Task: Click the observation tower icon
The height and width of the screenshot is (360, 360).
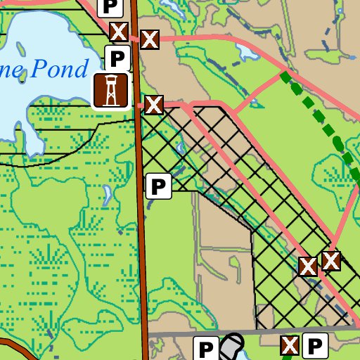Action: point(110,91)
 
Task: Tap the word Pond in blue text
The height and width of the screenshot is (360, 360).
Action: point(65,68)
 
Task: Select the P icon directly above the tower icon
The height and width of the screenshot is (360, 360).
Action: point(117,58)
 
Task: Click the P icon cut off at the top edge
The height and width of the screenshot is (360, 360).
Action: point(110,7)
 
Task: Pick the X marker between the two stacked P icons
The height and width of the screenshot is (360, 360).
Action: point(118,32)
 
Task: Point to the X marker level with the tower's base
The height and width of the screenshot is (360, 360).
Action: point(153,105)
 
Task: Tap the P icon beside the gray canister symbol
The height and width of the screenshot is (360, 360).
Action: point(205,349)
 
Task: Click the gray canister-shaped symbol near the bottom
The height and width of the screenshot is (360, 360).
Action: point(231,345)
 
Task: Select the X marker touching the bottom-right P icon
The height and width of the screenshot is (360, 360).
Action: point(290,345)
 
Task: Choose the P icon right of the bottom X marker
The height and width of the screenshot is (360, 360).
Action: point(316,345)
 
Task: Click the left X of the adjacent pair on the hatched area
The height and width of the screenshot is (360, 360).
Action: point(308,266)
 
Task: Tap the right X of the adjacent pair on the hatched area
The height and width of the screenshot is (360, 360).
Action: point(331,261)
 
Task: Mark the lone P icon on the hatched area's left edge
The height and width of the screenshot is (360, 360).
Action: point(158,186)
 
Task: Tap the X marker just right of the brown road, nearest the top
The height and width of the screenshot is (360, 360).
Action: point(149,39)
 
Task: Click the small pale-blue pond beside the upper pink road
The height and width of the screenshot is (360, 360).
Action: point(247,51)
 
